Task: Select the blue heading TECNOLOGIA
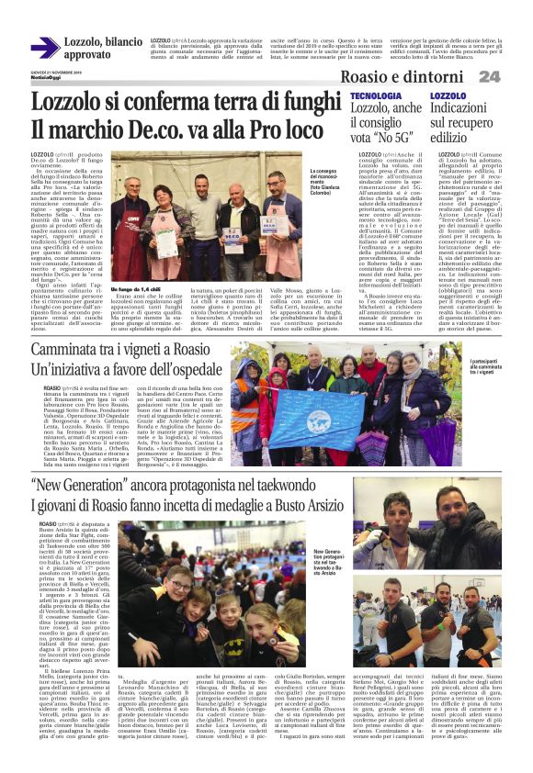(375, 96)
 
